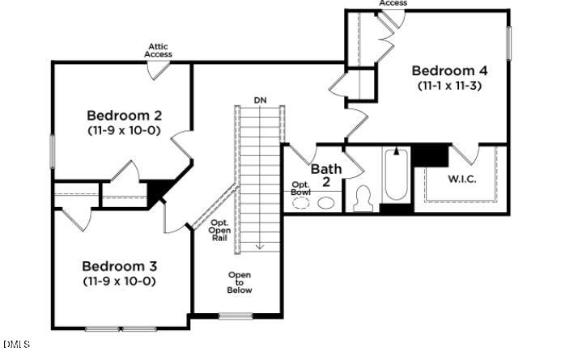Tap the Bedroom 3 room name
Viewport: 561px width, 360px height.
(120, 266)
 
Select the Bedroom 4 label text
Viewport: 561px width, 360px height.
(449, 70)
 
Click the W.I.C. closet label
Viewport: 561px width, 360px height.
(462, 178)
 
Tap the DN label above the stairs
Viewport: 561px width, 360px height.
(260, 100)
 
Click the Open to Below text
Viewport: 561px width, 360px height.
(240, 282)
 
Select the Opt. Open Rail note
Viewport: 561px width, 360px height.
(220, 231)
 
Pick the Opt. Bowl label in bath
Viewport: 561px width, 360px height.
(301, 188)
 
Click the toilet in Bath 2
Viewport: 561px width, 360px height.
(363, 199)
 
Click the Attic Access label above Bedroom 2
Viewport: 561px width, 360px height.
(159, 50)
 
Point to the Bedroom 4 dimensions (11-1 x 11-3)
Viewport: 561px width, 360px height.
(449, 85)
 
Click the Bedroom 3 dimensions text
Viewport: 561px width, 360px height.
(120, 281)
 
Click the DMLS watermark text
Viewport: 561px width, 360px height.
(16, 345)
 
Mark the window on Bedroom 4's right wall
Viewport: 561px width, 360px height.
(510, 42)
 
